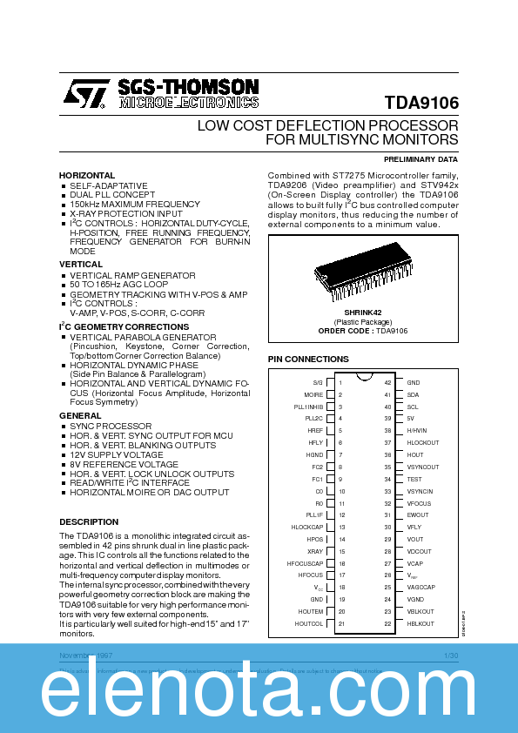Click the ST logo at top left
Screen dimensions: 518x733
[x=85, y=92]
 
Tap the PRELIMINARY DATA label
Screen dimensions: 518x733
[x=420, y=159]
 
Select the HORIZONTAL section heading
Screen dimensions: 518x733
[x=87, y=175]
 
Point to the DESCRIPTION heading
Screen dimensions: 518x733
[x=88, y=521]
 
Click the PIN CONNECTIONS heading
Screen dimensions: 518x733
[x=307, y=359]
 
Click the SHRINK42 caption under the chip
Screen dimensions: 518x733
[x=362, y=311]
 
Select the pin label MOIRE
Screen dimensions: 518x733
[x=313, y=394]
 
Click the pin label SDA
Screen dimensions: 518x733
[x=413, y=394]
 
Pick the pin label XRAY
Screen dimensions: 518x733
[x=315, y=551]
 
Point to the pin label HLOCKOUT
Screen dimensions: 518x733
[x=423, y=442]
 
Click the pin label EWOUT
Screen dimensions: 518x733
[x=418, y=514]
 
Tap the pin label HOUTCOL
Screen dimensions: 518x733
[x=309, y=623]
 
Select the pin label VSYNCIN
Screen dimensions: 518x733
[x=420, y=491]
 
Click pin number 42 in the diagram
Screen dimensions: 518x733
[x=387, y=382]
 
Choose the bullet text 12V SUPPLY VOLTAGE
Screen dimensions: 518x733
[x=117, y=455]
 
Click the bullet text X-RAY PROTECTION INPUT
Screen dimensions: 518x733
[x=126, y=213]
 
